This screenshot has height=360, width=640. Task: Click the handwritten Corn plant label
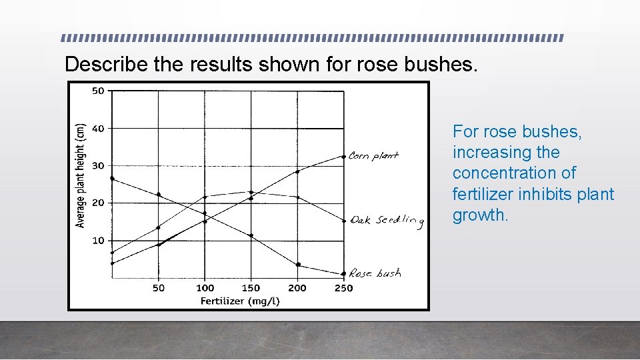tap(373, 156)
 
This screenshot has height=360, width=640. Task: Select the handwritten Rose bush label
tap(375, 273)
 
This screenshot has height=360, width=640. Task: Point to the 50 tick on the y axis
tap(98, 91)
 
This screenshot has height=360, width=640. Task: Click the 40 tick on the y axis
tap(98, 128)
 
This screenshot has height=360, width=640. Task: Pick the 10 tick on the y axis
tap(98, 240)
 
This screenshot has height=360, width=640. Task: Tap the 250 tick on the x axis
tap(343, 288)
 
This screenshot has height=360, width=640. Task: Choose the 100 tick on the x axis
tap(205, 288)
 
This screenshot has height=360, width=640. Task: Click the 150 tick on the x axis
tap(251, 288)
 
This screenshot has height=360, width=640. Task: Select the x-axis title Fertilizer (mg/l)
tap(240, 301)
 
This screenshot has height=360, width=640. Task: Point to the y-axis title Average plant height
tap(81, 175)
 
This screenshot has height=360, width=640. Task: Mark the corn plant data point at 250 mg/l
tap(343, 157)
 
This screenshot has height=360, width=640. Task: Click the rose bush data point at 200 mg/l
tap(298, 265)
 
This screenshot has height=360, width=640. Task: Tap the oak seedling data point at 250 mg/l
tap(343, 221)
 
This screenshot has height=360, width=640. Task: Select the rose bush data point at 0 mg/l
tap(112, 179)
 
